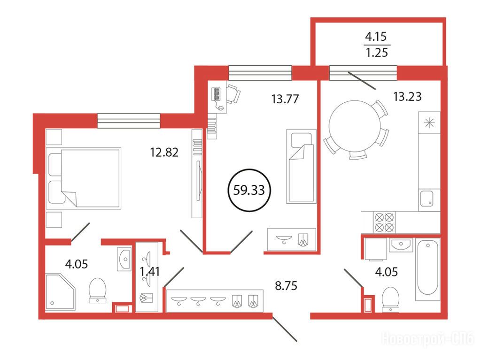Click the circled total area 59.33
tap(249, 190)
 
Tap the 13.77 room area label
tap(285, 99)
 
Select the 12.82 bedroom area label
tap(164, 152)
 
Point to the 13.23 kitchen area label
tap(407, 96)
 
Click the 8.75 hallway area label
tap(286, 286)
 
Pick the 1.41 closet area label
tap(149, 271)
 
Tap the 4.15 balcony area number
tap(376, 37)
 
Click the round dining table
tap(355, 126)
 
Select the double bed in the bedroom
tap(83, 178)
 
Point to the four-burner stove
tap(384, 222)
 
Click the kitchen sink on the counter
tap(427, 199)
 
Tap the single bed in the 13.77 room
tap(301, 166)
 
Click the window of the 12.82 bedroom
tap(129, 121)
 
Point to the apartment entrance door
tap(284, 329)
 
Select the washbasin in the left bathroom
tap(124, 259)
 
